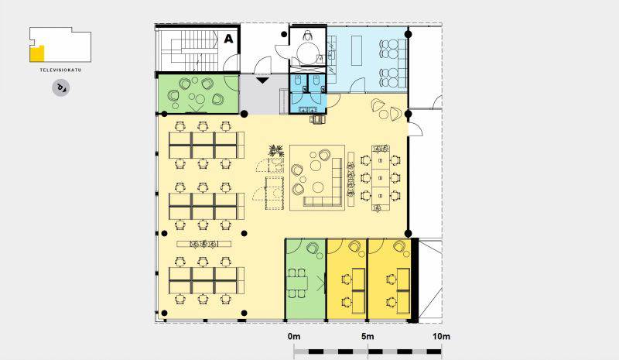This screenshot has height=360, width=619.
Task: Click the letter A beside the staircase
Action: pyautogui.click(x=228, y=39)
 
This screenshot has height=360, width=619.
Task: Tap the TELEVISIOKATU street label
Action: pyautogui.click(x=60, y=70)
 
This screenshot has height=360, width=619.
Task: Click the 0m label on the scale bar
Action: pyautogui.click(x=294, y=336)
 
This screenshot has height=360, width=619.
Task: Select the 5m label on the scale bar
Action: pyautogui.click(x=368, y=336)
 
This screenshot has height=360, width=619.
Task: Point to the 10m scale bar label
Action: pyautogui.click(x=441, y=336)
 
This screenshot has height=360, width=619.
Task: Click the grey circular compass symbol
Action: pyautogui.click(x=61, y=87)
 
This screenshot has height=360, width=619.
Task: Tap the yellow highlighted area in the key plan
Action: pyautogui.click(x=36, y=54)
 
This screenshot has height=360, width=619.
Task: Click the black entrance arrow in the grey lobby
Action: pyautogui.click(x=262, y=81)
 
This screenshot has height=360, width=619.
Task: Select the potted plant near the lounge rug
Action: pyautogui.click(x=276, y=151)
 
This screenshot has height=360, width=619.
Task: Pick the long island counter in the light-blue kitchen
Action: pyautogui.click(x=357, y=50)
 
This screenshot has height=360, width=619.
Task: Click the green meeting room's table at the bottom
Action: pyautogui.click(x=298, y=283)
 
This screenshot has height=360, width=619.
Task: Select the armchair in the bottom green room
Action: pyautogui.click(x=313, y=249)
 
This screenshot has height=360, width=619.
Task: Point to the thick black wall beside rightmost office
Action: pyautogui.click(x=415, y=279)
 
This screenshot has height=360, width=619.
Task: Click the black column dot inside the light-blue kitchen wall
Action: pyautogui.click(x=409, y=34)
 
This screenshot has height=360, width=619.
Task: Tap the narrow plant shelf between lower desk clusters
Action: pyautogui.click(x=203, y=244)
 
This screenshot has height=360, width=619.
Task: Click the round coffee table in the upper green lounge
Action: pyautogui.click(x=200, y=98)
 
